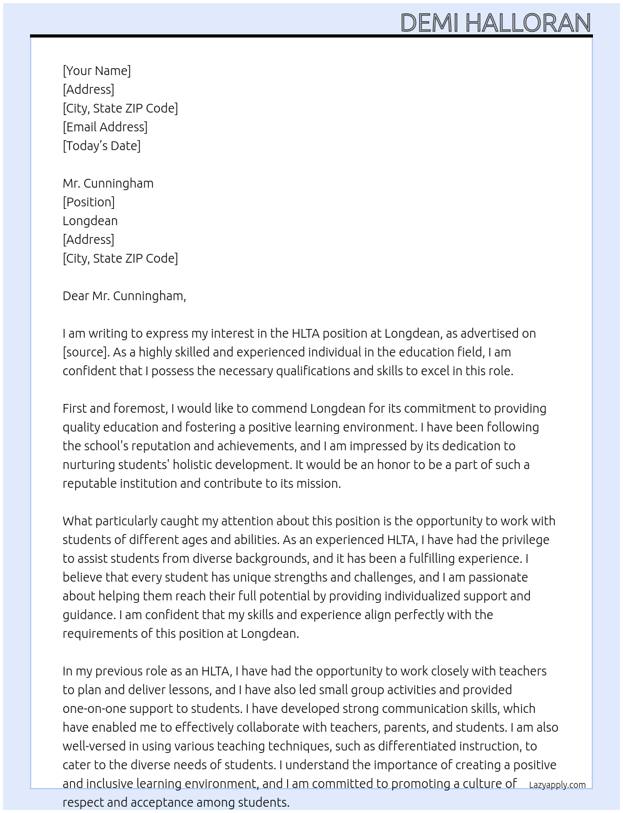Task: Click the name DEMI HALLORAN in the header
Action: pos(495,23)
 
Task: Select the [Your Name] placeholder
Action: pos(96,71)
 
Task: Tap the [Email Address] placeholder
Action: pos(105,127)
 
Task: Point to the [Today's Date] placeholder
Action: pos(101,146)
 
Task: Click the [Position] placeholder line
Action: pos(88,202)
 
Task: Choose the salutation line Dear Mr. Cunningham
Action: pos(124,296)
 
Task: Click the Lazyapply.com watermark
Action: pos(557,785)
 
